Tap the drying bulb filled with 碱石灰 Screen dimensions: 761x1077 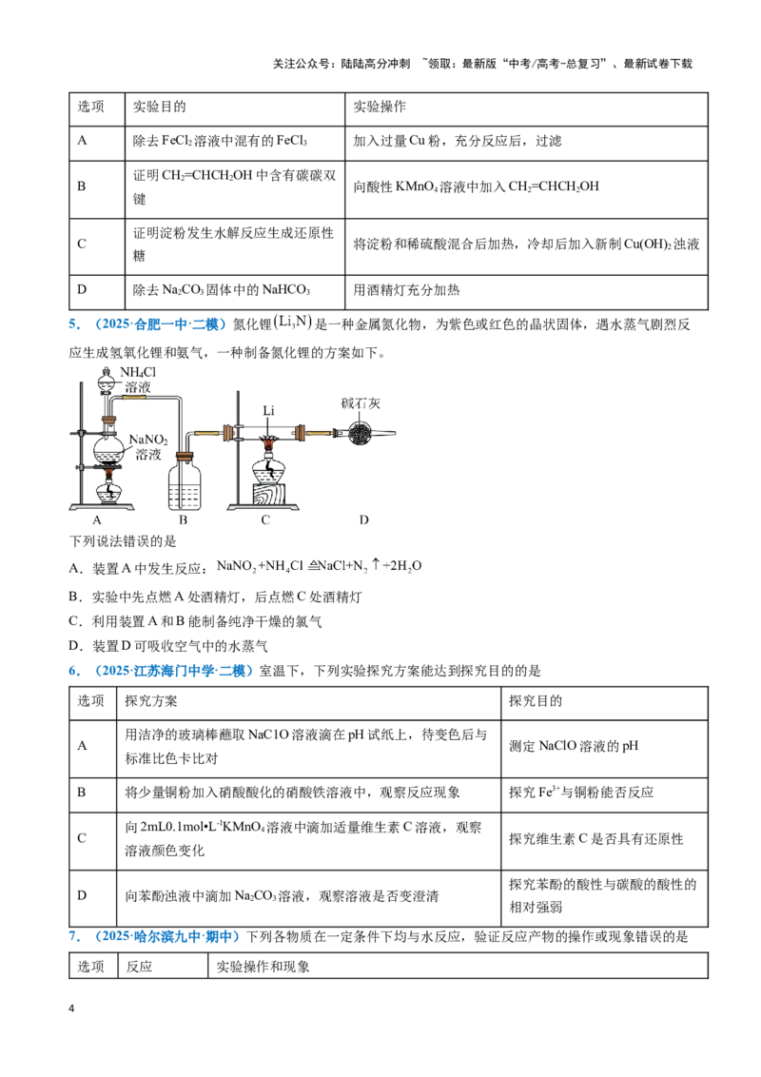[x=360, y=433]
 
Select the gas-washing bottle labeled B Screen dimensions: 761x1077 [x=185, y=480]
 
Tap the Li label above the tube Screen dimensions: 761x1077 [x=268, y=410]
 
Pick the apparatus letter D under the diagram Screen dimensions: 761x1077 [x=364, y=520]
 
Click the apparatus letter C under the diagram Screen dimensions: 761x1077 [x=265, y=520]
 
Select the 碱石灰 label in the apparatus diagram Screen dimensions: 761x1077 [x=361, y=403]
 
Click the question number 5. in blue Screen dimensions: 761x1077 [x=74, y=324]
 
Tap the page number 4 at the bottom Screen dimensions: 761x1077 [x=71, y=1008]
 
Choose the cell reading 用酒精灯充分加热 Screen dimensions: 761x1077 [x=406, y=290]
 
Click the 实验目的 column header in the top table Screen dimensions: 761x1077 [x=160, y=107]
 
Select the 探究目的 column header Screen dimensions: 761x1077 [x=536, y=700]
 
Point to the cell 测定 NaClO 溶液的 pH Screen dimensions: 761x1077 [x=574, y=746]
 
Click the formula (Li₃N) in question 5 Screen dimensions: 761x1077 [x=293, y=322]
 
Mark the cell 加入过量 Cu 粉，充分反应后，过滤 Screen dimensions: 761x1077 [x=458, y=141]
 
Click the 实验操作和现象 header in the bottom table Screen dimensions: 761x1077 [x=263, y=967]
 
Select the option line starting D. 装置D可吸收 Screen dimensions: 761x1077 [x=168, y=646]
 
